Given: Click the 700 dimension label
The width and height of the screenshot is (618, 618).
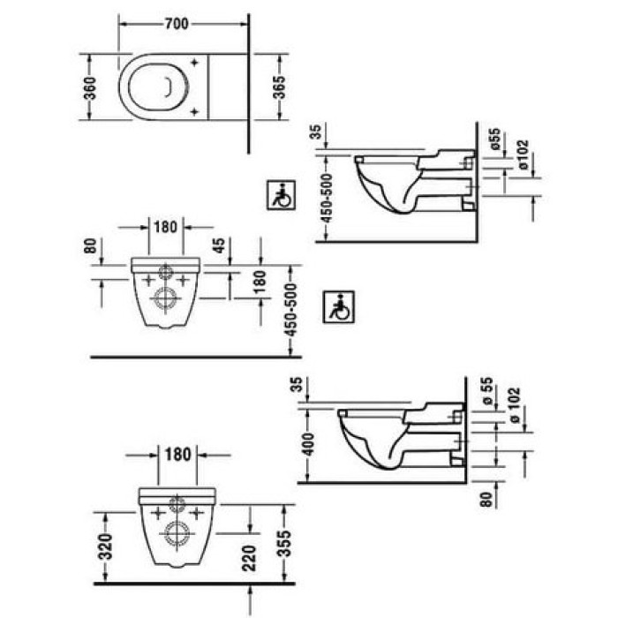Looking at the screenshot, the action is point(177,24).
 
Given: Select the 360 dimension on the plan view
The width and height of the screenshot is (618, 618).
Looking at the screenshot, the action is point(90,87).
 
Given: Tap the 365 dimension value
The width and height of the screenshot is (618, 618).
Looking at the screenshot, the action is point(279,87).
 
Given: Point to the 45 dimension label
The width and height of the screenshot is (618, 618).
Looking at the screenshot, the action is point(220,245).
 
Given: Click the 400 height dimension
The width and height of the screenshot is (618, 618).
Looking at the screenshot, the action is point(309,444).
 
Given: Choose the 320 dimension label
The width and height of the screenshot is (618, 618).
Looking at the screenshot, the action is point(106,546).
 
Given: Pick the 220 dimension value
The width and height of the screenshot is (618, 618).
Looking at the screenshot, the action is point(250,558).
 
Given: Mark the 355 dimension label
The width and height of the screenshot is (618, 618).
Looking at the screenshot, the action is point(283,544).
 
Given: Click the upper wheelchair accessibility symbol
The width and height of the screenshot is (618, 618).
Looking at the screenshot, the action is point(281,195).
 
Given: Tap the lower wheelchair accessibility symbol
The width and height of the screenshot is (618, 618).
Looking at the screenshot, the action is point(338,306).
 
